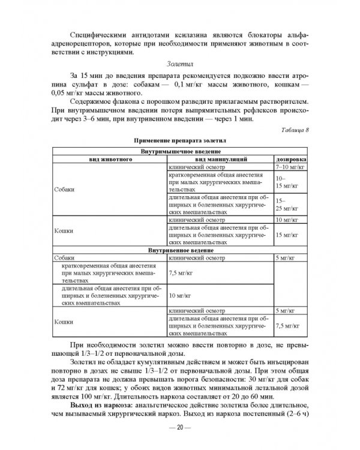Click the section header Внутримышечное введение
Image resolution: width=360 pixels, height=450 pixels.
[x=179, y=153]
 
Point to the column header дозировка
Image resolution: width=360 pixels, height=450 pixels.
[x=292, y=160]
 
